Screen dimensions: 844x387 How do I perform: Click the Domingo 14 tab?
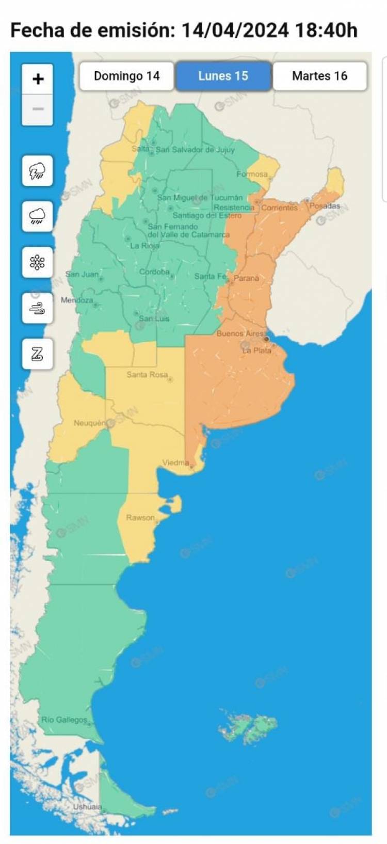(126, 76)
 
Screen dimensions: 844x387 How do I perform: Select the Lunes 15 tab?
(223, 76)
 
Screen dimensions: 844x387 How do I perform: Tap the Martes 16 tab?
(319, 76)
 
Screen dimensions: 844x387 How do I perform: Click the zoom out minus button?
(38, 109)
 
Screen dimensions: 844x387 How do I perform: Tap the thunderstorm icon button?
(38, 171)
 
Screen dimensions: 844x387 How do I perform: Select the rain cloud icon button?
(38, 216)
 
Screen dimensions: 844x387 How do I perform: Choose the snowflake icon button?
(38, 262)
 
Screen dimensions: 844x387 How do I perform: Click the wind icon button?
(38, 308)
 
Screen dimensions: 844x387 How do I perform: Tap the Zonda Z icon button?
(38, 354)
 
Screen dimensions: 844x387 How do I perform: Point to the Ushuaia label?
(87, 806)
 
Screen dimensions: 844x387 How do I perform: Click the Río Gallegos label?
(64, 719)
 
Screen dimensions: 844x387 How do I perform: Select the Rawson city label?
(140, 517)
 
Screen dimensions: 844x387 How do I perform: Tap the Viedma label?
(175, 463)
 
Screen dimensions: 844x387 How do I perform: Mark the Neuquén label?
(89, 423)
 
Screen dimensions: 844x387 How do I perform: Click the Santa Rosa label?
(147, 374)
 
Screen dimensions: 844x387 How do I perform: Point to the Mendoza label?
(77, 300)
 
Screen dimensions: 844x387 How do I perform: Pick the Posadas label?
(325, 205)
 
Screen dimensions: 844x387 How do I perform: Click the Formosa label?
(252, 174)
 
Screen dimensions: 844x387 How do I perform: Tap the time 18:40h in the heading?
(326, 30)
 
